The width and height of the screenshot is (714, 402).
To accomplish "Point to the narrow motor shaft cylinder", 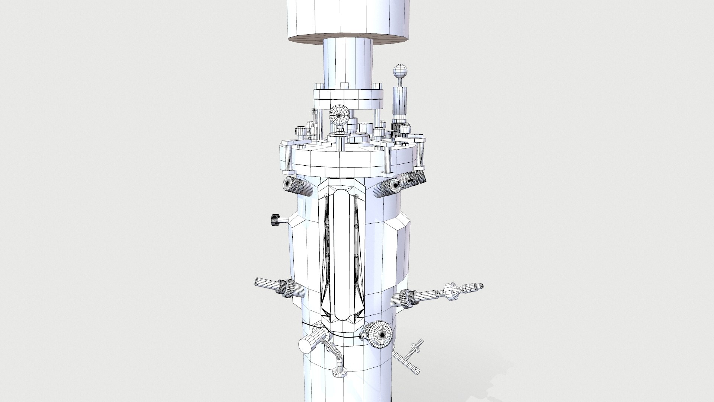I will (x=347, y=61).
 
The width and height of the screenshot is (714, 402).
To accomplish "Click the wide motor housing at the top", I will (x=348, y=19).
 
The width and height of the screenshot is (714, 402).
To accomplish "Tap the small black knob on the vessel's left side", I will (x=276, y=220).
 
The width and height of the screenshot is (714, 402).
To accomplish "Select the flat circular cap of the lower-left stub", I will (x=306, y=347).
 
